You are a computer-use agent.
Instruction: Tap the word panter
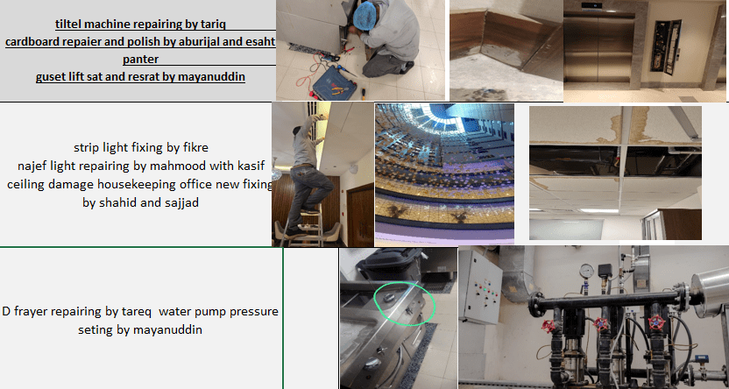(x=140, y=59)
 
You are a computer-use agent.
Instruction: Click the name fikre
(x=195, y=147)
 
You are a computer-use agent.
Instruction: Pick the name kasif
(x=251, y=166)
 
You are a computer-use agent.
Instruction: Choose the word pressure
(x=257, y=311)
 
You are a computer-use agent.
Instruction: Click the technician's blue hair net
(x=366, y=16)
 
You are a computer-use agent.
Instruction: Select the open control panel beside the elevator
(x=666, y=46)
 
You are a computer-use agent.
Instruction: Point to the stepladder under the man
(x=303, y=228)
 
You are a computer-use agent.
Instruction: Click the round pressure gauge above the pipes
(x=587, y=271)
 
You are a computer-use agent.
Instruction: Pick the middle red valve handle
(x=602, y=323)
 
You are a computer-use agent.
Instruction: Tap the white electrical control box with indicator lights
(x=480, y=287)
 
